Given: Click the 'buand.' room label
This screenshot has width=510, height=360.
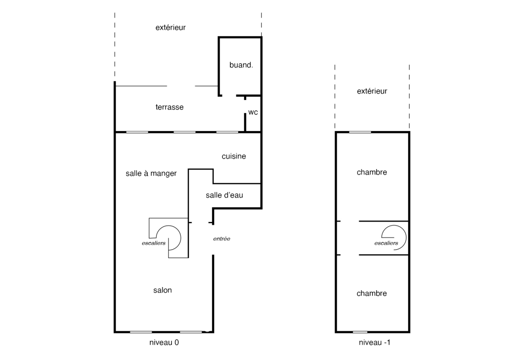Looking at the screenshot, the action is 241,65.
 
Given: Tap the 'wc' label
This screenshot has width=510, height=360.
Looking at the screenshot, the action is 253,112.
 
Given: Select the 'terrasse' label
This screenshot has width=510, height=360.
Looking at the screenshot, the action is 169,107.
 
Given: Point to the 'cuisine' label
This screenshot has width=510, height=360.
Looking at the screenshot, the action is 234,156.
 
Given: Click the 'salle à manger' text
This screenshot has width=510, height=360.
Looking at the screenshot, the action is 151,173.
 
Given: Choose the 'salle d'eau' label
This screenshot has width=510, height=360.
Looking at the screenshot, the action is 225,195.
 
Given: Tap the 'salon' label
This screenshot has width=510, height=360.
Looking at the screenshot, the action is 162,290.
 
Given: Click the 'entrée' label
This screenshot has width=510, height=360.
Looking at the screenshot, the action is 222,238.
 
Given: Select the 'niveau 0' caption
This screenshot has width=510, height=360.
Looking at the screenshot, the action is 164,342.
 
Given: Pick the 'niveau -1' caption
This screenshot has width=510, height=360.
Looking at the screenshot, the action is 375,342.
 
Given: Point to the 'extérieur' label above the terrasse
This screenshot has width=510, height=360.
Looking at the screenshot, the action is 171,27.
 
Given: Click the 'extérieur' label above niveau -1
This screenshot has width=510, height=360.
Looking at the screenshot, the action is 372,91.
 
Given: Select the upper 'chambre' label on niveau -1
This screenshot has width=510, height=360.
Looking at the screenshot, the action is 372,172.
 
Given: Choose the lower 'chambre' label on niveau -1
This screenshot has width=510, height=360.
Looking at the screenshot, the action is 372,293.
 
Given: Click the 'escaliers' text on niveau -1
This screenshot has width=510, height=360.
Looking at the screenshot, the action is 386,243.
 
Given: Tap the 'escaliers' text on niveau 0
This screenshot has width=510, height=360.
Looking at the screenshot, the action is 153,243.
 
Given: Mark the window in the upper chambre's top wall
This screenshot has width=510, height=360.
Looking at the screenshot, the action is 360,132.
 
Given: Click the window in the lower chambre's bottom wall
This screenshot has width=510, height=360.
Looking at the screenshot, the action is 360,332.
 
